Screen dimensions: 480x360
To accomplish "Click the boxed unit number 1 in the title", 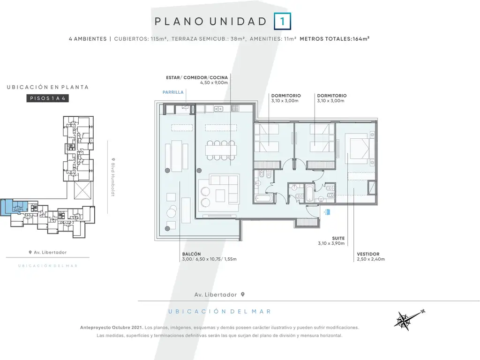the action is coord(282,22).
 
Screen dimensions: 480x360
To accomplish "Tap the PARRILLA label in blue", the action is coord(173,92).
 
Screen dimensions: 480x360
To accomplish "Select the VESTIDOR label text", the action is coord(368,254).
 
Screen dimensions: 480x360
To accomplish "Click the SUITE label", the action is coord(338,238).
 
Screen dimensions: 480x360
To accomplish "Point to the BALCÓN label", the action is coord(191,254).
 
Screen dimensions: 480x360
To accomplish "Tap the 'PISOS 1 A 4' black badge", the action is coord(47,98).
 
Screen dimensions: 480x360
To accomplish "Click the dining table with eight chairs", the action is coord(221,150).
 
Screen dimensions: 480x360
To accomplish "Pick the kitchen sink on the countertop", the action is coord(218,109).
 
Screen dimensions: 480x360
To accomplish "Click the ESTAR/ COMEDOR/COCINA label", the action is coord(197,78).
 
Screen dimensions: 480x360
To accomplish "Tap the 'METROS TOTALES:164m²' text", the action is coord(335,39).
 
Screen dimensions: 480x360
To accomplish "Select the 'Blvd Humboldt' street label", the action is coord(113,177).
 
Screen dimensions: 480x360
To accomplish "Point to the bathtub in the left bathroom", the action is coord(263,199).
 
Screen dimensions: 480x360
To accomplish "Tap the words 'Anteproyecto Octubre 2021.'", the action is coord(112,328).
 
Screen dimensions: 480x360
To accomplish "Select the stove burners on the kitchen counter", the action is coord(235,108).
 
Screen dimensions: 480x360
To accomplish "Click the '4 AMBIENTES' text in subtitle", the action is coord(88,39).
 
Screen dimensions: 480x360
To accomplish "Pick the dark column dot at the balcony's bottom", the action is coord(167,229).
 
